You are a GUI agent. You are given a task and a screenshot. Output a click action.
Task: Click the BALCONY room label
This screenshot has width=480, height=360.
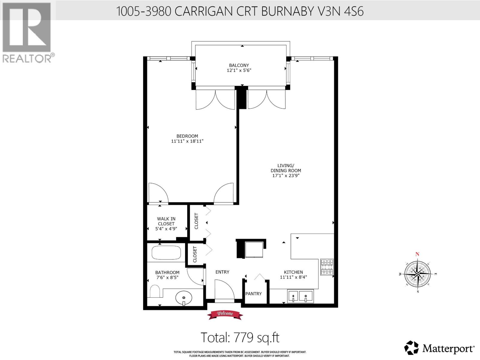tap(239, 65)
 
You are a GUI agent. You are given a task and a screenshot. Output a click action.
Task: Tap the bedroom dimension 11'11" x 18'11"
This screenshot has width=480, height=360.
tap(187, 141)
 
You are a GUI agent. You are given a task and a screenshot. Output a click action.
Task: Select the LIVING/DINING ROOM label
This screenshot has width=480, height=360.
tap(286, 168)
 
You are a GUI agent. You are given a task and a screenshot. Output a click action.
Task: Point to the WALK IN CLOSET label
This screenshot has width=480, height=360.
tap(166, 221)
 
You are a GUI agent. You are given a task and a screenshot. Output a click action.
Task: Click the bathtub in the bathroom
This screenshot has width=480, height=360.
tap(166, 253)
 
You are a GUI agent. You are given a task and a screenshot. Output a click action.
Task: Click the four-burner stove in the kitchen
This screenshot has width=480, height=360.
tap(327, 267)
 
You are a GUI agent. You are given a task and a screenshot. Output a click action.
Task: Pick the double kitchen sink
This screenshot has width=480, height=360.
tap(300, 296)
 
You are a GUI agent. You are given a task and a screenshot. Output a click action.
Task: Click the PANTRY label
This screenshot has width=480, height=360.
tap(253, 294)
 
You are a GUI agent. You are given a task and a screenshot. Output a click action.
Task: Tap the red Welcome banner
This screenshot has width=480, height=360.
tap(225, 314)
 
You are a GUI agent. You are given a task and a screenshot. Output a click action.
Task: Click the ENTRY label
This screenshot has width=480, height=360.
tap(222, 272)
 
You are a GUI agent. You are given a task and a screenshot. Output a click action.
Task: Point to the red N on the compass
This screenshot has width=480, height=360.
tap(417, 254)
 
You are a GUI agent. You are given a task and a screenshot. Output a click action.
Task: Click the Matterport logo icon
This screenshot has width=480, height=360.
tap(411, 348)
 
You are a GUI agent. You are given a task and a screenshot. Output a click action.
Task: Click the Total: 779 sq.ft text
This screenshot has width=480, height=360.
tap(240, 337)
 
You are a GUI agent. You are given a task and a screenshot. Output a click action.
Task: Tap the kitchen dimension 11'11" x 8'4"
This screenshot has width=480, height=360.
tap(293, 277)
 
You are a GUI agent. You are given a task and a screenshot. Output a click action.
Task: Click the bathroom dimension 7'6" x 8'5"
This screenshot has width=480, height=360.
tap(167, 277)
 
